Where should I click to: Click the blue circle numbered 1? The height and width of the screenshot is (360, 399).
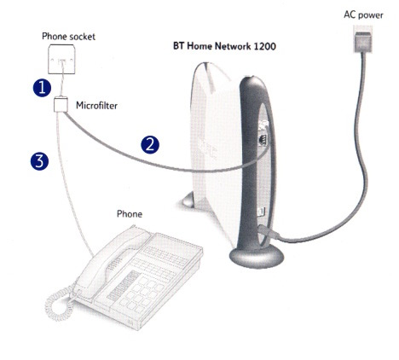(x=42, y=88)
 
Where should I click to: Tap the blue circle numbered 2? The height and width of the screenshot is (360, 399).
(x=150, y=145)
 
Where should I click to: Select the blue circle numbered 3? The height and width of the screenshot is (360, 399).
(x=39, y=161)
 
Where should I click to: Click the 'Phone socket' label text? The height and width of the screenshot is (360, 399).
(x=68, y=37)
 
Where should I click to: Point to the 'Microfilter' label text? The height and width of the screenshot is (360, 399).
(x=96, y=106)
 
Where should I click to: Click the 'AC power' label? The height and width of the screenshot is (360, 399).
(x=363, y=15)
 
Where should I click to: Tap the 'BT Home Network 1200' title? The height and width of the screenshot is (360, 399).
(x=224, y=46)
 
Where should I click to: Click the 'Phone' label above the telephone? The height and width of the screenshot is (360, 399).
(x=130, y=214)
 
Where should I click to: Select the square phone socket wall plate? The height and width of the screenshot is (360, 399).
(x=61, y=59)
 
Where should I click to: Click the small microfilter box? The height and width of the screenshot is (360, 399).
(x=61, y=104)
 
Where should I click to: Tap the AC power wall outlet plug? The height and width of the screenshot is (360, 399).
(x=362, y=39)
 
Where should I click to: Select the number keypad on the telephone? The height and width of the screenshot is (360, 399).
(x=141, y=297)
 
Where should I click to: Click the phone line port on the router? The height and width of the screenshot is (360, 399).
(x=263, y=140)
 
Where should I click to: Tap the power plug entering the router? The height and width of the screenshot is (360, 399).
(x=269, y=232)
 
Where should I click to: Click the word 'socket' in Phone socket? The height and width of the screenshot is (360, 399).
(x=82, y=37)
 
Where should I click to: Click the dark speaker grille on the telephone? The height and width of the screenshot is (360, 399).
(x=124, y=286)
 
